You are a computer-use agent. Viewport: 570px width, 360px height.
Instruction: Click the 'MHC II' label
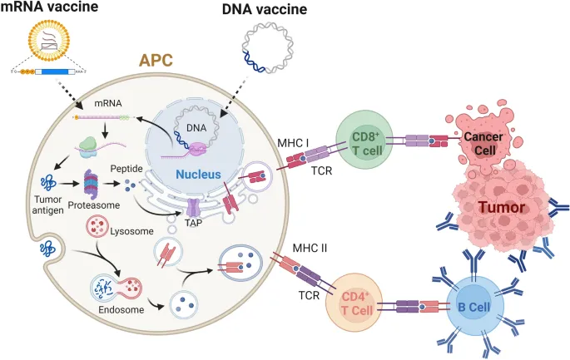click(x=310, y=248)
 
